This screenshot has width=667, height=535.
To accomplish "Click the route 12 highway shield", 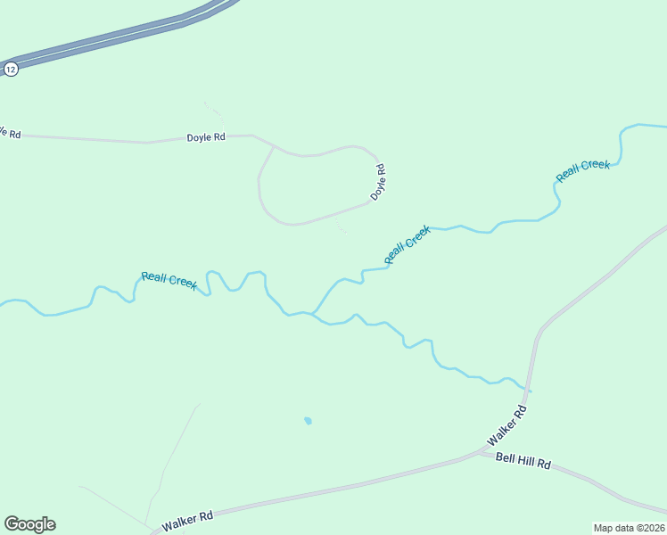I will pyautogui.click(x=11, y=69).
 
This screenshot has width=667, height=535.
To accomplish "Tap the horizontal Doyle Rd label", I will pyautogui.click(x=206, y=137).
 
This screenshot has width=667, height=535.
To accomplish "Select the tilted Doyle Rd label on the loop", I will pyautogui.click(x=378, y=181).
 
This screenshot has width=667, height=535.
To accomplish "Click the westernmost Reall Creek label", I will pyautogui.click(x=169, y=280).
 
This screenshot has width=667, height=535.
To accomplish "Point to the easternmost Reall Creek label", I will pyautogui.click(x=583, y=170).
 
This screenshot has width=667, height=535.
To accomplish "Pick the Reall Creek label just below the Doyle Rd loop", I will pyautogui.click(x=408, y=244).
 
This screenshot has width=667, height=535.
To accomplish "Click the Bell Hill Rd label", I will pyautogui.click(x=523, y=464).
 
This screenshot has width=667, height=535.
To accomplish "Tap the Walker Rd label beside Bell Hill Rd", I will pyautogui.click(x=508, y=427).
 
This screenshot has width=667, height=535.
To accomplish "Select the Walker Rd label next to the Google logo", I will pyautogui.click(x=188, y=517).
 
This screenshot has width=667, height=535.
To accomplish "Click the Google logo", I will pyautogui.click(x=29, y=524).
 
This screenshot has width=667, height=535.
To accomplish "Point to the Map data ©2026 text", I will pyautogui.click(x=630, y=528).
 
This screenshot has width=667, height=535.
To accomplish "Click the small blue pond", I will pyautogui.click(x=308, y=420).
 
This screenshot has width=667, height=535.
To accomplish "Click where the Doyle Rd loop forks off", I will pyautogui.click(x=272, y=146).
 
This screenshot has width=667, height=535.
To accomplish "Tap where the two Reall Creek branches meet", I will pyautogui.click(x=312, y=314).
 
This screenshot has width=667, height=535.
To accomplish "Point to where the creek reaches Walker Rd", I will pyautogui.click(x=531, y=391).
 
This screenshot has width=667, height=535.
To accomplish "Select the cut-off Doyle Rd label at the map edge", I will pyautogui.click(x=9, y=132).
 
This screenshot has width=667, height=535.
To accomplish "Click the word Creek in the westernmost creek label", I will pyautogui.click(x=182, y=283).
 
